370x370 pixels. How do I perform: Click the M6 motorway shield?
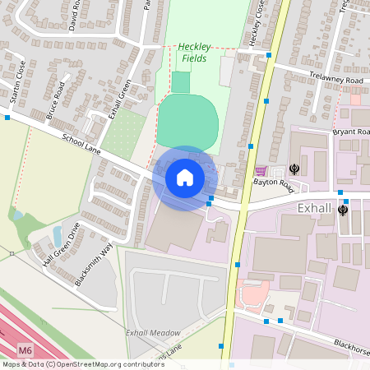coord(25,350)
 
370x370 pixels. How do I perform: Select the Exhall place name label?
coord(314,209)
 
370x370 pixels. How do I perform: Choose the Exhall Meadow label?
coord(152,332)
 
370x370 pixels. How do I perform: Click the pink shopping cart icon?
coord(261,170)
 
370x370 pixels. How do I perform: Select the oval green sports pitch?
coord(187,121)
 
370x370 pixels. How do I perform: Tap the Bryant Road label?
coord(352,132)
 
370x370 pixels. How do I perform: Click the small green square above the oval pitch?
coord(180,82)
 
